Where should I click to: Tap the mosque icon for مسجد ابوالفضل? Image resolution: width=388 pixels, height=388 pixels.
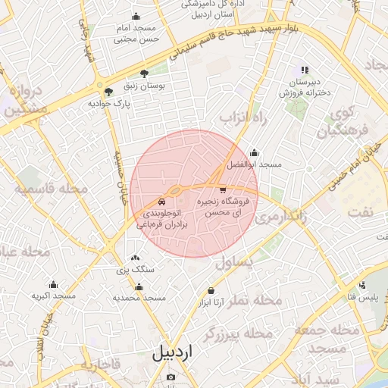(253, 152)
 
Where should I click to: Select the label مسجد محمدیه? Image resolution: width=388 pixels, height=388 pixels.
(139, 299)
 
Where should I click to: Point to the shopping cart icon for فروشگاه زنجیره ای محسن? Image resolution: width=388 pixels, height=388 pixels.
(222, 190)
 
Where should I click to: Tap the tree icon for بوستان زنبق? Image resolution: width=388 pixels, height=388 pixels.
(144, 74)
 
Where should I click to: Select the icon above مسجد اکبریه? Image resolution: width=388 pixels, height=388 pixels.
(52, 283)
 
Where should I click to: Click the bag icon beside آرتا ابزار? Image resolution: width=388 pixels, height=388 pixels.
(210, 292)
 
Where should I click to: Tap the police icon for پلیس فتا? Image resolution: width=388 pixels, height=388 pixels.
(361, 286)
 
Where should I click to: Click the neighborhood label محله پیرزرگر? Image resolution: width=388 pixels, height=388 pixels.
(239, 333)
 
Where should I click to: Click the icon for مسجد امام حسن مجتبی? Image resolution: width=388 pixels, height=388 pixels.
(136, 16)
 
